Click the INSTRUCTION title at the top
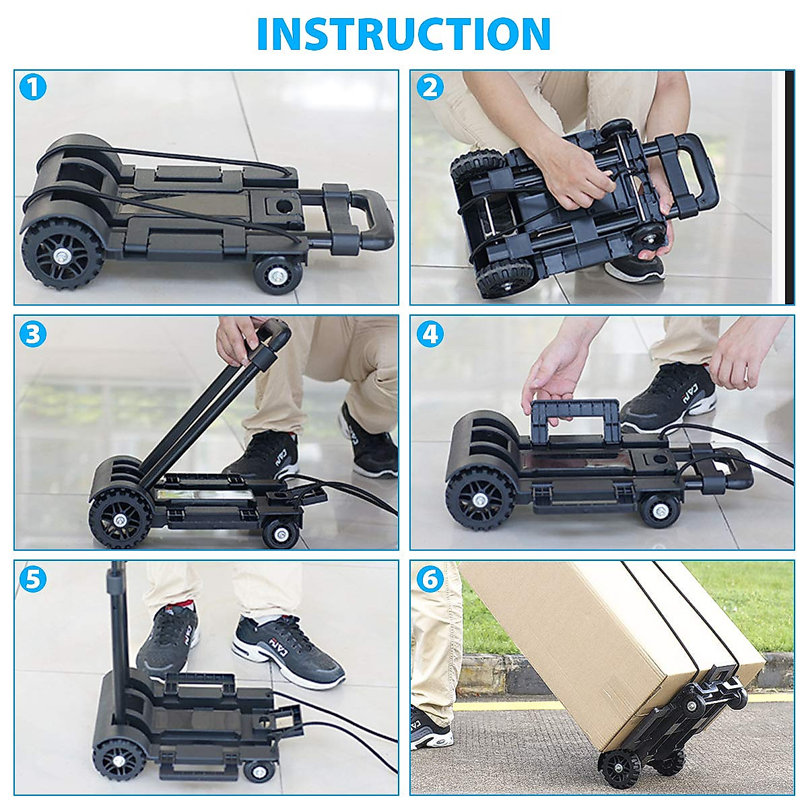pos(404,34)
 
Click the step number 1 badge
pos(33,88)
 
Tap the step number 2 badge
pos(430,88)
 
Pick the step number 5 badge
pos(33,578)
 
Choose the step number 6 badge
pos(430,578)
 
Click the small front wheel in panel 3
pos(280,533)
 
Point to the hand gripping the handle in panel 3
pos(237,340)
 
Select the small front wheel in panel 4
pos(658,510)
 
